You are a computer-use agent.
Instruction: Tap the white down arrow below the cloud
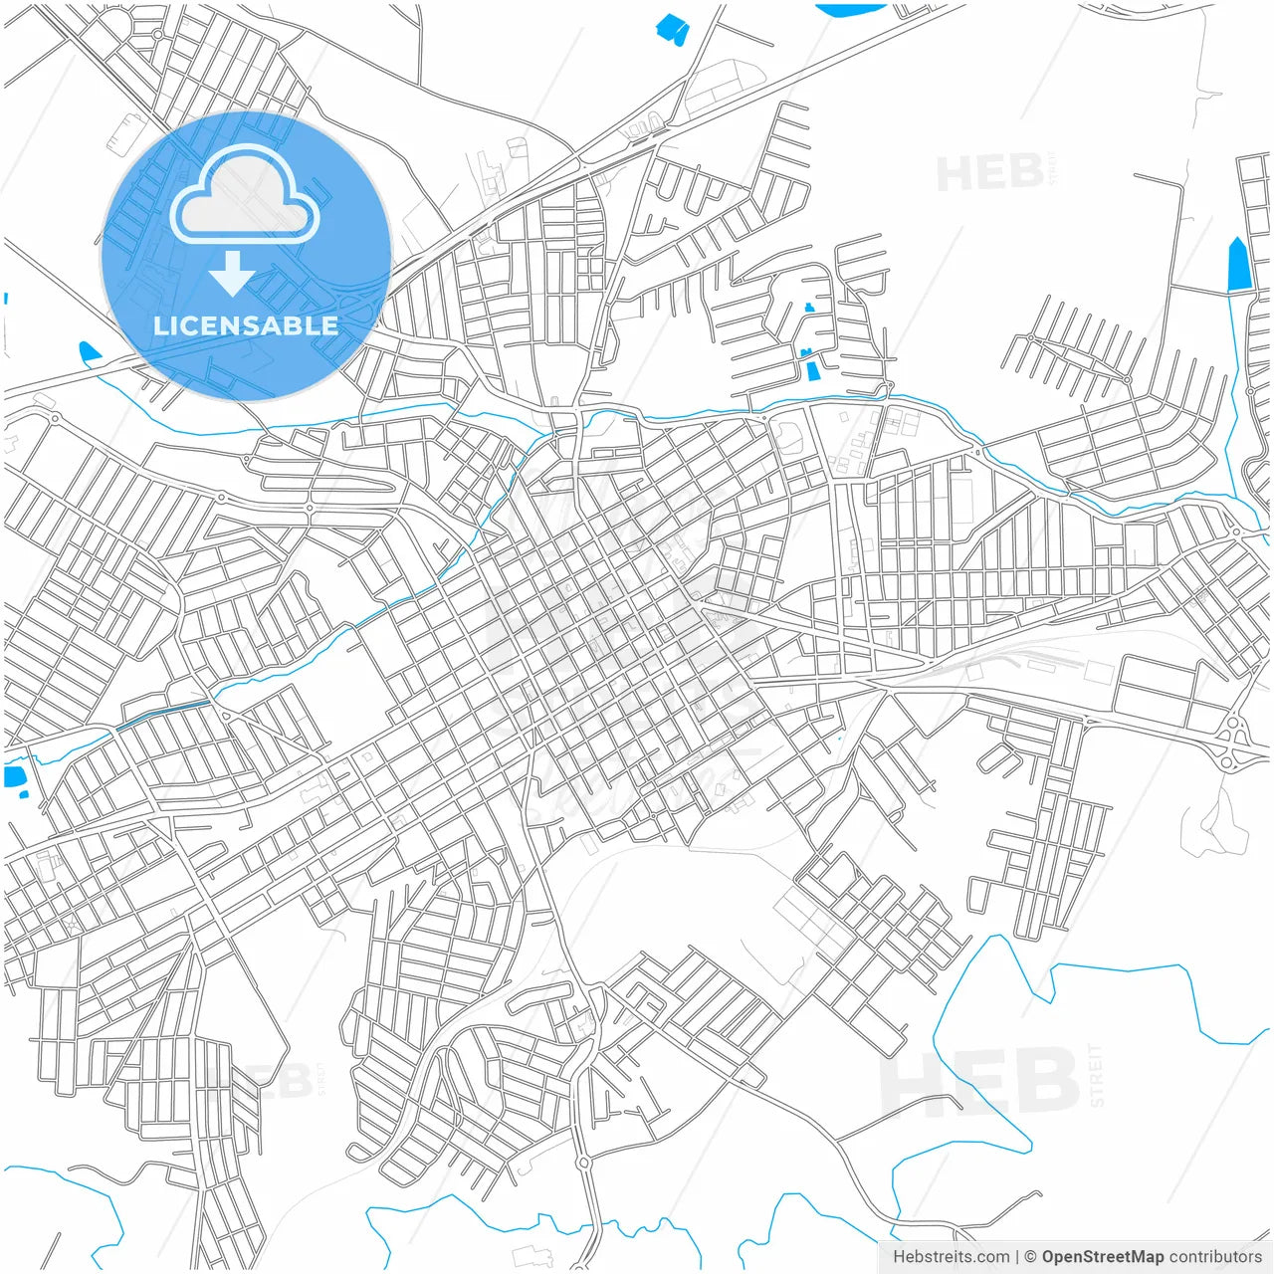point(232,274)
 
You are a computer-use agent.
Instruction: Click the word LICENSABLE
point(245,325)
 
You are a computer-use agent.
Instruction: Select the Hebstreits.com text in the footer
point(951,1257)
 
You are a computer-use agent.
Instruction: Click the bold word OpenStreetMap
point(1102,1257)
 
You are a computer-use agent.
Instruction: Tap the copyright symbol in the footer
point(1030,1257)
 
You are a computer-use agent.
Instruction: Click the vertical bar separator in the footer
point(1016,1257)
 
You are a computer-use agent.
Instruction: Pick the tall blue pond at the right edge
point(1238,265)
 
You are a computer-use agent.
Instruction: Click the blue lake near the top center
point(673,29)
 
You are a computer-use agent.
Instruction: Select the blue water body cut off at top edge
point(851,9)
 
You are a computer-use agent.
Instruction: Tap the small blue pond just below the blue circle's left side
point(90,351)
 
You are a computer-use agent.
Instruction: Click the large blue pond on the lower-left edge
point(15,777)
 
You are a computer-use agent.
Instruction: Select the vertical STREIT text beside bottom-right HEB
point(1096,1075)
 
